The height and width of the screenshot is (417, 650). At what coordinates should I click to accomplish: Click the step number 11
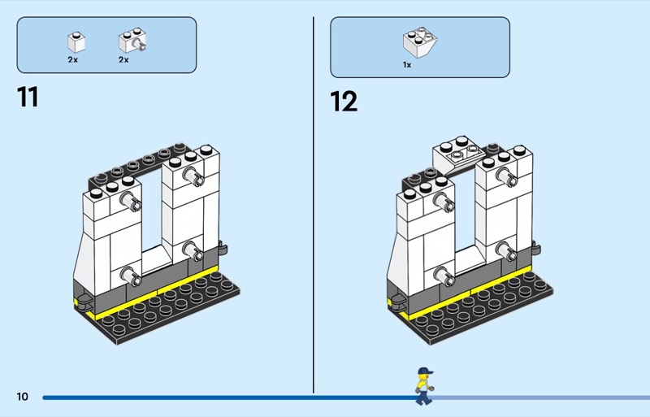pyautogui.click(x=28, y=97)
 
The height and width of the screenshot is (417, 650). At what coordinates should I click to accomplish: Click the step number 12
pyautogui.click(x=344, y=102)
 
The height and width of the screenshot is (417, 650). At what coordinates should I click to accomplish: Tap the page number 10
pyautogui.click(x=23, y=397)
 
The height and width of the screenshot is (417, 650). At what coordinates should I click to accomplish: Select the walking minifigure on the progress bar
pyautogui.click(x=424, y=386)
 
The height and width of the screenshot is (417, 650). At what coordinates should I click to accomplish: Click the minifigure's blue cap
pyautogui.click(x=425, y=371)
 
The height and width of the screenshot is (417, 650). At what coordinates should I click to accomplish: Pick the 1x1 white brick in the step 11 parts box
pyautogui.click(x=76, y=42)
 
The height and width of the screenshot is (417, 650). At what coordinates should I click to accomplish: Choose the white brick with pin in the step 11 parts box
pyautogui.click(x=132, y=41)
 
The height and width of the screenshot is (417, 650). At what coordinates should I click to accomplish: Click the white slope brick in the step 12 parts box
pyautogui.click(x=420, y=42)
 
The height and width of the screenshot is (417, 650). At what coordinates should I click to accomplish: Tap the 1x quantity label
pyautogui.click(x=407, y=65)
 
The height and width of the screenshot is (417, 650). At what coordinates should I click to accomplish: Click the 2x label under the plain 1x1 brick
pyautogui.click(x=73, y=60)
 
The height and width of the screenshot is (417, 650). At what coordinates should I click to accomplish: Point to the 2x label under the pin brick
pyautogui.click(x=123, y=60)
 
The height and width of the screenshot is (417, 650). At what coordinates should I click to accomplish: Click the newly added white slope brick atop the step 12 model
pyautogui.click(x=458, y=155)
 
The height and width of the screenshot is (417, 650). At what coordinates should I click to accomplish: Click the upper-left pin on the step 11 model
pyautogui.click(x=131, y=201)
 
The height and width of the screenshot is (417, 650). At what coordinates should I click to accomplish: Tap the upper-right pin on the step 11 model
pyautogui.click(x=193, y=176)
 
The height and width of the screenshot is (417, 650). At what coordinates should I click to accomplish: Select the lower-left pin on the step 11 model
pyautogui.click(x=131, y=276)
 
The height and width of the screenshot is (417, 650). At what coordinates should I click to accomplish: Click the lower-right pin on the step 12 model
pyautogui.click(x=505, y=250)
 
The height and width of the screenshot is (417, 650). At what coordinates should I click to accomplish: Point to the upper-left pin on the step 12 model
pyautogui.click(x=444, y=201)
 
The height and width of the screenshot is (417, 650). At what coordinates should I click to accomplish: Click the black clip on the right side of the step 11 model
pyautogui.click(x=223, y=248)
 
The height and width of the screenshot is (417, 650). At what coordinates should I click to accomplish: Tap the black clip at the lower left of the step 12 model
pyautogui.click(x=396, y=301)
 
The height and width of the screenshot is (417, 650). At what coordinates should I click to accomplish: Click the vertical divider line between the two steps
pyautogui.click(x=314, y=205)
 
